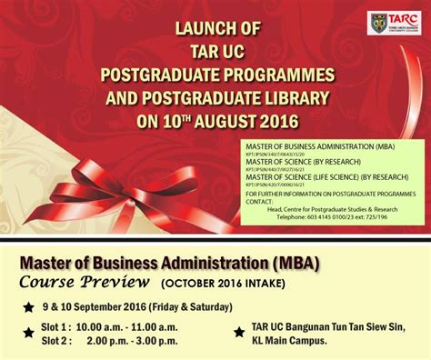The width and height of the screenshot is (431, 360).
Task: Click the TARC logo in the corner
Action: pos(393,24)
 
